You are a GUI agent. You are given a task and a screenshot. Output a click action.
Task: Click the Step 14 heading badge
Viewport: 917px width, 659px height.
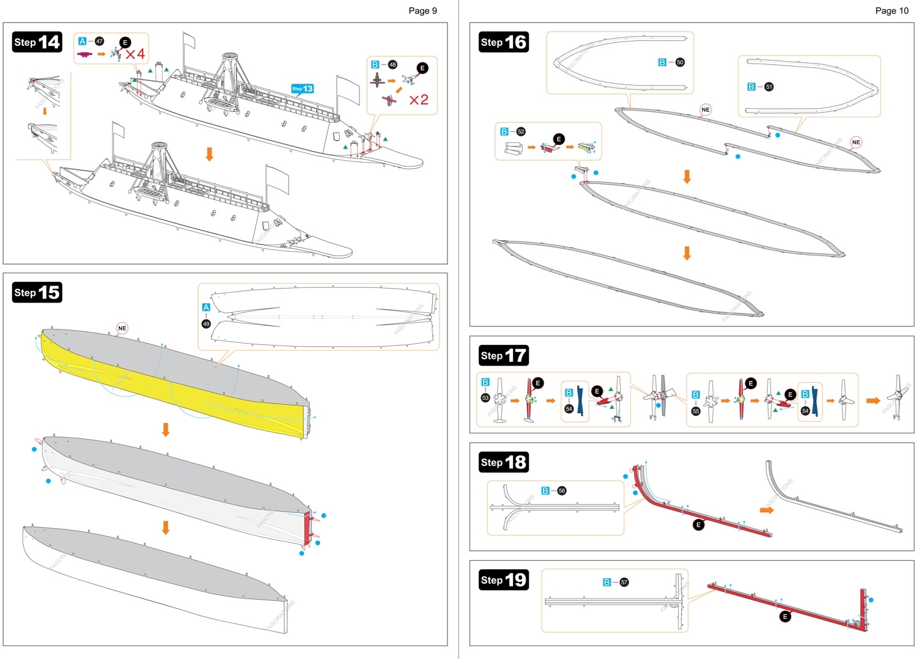pos(37,42)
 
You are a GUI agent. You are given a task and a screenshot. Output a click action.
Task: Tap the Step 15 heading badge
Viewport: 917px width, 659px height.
pos(37,292)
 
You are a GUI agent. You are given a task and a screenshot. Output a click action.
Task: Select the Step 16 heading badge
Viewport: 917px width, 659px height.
pos(504,42)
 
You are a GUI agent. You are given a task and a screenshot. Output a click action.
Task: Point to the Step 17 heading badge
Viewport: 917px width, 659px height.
pos(504,355)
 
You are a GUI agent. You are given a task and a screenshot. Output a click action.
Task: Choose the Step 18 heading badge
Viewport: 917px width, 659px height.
pos(504,462)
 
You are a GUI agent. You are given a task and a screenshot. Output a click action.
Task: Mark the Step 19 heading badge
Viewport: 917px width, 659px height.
pos(504,580)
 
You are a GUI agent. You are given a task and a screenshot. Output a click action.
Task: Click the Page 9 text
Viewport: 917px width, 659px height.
pos(422,10)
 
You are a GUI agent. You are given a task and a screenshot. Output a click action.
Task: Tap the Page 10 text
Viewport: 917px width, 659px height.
pos(891,10)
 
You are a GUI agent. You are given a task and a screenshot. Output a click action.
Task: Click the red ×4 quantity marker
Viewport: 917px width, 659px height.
pos(135,54)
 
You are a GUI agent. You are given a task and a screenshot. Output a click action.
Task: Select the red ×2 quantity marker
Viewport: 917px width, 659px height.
pos(419,100)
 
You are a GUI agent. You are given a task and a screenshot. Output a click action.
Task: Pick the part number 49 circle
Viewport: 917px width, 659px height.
pos(206,324)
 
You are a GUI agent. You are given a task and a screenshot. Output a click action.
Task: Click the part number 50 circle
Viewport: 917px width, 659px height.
pos(680,62)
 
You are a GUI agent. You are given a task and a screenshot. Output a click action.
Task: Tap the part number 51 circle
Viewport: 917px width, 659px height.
pos(769,87)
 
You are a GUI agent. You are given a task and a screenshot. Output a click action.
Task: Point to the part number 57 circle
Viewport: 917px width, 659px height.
pos(624,582)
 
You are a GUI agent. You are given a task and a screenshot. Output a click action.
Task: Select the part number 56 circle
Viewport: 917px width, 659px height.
pos(562,491)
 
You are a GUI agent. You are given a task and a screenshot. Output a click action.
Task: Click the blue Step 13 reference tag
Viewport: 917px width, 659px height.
pos(303,89)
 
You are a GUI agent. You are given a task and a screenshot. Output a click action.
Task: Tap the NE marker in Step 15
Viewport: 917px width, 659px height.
pos(122,328)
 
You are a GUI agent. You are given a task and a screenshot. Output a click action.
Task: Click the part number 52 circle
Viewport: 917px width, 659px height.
pos(521,131)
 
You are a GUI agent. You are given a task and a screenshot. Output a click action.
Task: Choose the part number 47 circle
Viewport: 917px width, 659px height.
pos(99,41)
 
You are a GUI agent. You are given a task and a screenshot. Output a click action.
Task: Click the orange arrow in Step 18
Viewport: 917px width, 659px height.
pos(767,510)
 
